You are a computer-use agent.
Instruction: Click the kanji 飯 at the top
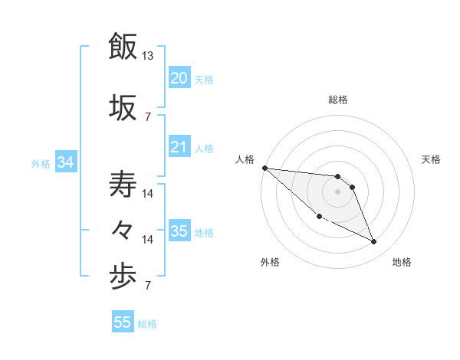coord(123,46)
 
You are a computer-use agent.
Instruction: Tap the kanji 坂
coord(123,106)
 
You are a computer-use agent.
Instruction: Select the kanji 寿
coord(123,185)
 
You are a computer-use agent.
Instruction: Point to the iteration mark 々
coord(123,229)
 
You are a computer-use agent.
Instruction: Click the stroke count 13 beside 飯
coord(148,56)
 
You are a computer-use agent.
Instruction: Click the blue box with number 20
coord(179,78)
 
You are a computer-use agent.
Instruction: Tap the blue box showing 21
coord(179,147)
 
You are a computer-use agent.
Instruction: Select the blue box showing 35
coord(179,231)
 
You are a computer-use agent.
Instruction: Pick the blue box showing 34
coord(66,162)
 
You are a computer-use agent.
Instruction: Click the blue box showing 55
coord(123,322)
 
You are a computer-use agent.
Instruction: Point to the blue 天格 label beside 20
coord(203,79)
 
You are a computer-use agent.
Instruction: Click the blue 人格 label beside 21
coord(203,148)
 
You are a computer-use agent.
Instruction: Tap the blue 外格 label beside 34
coord(41,163)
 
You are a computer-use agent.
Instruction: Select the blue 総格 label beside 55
coord(147,323)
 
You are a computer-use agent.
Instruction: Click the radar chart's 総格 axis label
coord(338,100)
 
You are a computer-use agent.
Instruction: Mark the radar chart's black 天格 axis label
coord(432,159)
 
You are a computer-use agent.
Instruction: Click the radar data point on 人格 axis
coord(264,168)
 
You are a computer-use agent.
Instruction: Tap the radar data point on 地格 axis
coord(374,242)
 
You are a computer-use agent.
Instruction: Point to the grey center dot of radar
coord(338,191)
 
